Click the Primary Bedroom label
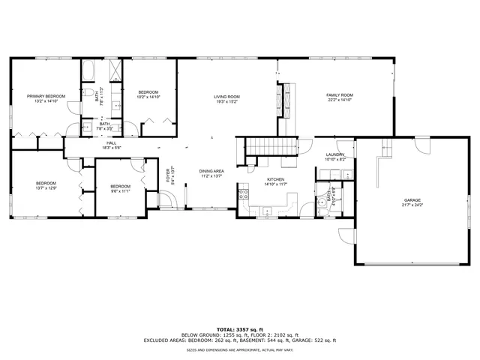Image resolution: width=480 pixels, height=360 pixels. click(46, 97)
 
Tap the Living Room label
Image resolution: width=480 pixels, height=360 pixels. click(226, 97)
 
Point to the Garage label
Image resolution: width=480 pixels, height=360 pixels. click(412, 200)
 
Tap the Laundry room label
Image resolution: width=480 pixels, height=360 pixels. click(335, 155)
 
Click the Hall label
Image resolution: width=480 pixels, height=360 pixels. click(111, 143)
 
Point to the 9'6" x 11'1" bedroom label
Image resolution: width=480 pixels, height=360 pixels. click(120, 187)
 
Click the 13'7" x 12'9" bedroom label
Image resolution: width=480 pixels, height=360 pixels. click(46, 184)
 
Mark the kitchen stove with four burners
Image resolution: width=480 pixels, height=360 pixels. click(243, 195)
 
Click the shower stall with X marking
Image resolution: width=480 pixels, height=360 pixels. click(116, 71)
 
